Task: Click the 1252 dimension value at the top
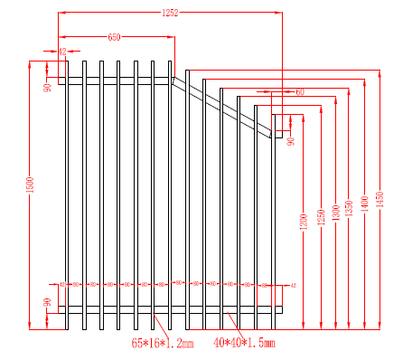170,12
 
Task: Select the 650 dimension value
115,37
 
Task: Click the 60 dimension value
299,91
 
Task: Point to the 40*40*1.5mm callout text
244,344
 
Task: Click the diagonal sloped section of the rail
221,104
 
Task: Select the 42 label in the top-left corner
62,52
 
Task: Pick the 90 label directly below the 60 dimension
291,140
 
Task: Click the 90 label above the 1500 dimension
48,86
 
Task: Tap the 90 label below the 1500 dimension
48,303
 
